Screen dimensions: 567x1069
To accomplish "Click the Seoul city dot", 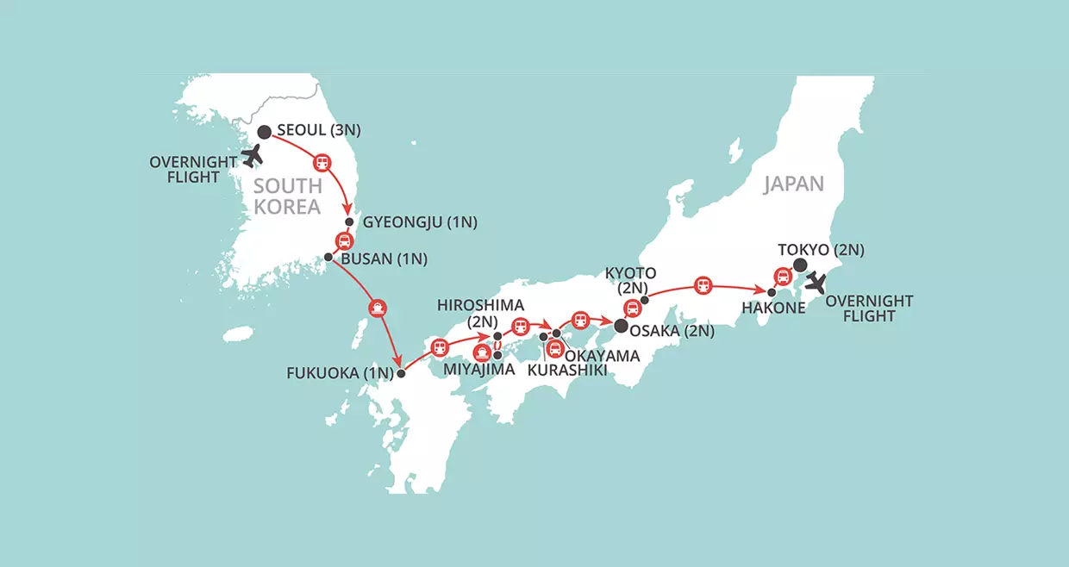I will [x=265, y=132].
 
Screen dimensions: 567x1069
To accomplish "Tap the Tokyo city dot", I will [x=799, y=265].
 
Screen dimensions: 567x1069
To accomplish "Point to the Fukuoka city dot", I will [x=401, y=373].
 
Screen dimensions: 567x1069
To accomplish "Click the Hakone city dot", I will [x=772, y=293].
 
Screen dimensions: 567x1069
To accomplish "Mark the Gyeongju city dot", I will [x=349, y=221].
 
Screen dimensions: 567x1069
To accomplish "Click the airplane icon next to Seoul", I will [x=252, y=156].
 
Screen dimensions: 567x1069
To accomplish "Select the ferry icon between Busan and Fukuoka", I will [x=376, y=306].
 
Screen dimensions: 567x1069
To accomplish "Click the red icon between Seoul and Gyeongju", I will [x=322, y=161].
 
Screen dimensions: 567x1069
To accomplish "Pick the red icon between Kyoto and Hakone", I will [x=703, y=283].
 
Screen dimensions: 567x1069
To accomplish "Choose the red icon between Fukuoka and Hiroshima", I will [x=440, y=347].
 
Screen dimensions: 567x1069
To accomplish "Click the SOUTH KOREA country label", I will [x=288, y=196].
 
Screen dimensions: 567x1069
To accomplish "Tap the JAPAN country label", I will [x=793, y=183].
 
